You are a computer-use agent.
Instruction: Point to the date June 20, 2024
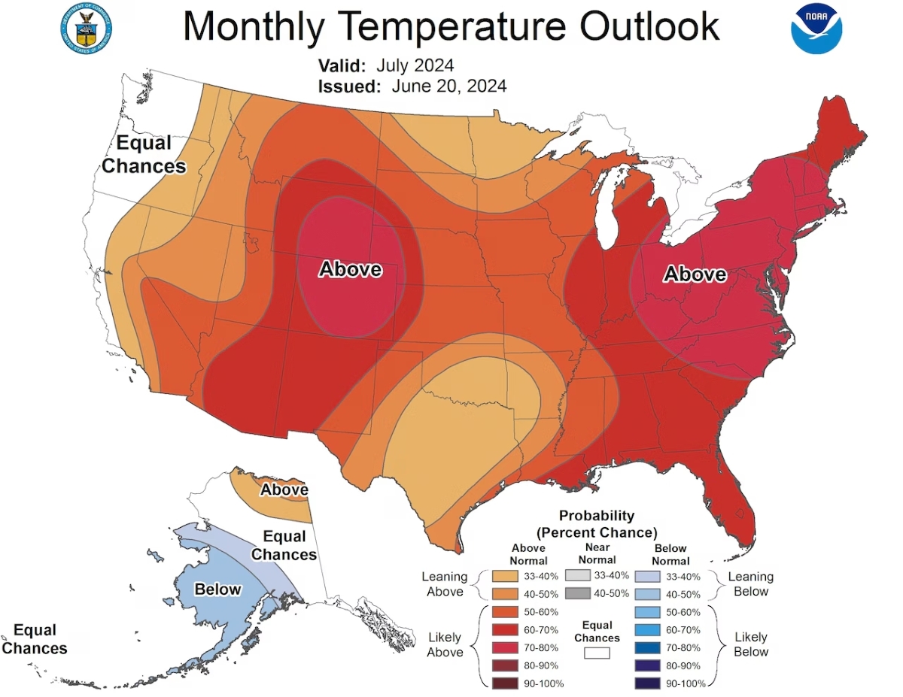448,86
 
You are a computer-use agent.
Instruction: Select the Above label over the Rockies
350,269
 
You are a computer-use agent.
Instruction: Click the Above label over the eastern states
695,274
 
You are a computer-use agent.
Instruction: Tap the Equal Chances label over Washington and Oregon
144,155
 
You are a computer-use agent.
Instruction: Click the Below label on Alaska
217,589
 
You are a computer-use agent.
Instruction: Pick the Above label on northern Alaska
284,490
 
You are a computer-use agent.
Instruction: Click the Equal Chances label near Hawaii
35,639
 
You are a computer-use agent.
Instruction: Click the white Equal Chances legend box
597,653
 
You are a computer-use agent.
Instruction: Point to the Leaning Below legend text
751,583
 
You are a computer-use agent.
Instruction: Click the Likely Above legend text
445,644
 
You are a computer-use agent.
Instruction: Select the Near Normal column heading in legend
597,553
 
